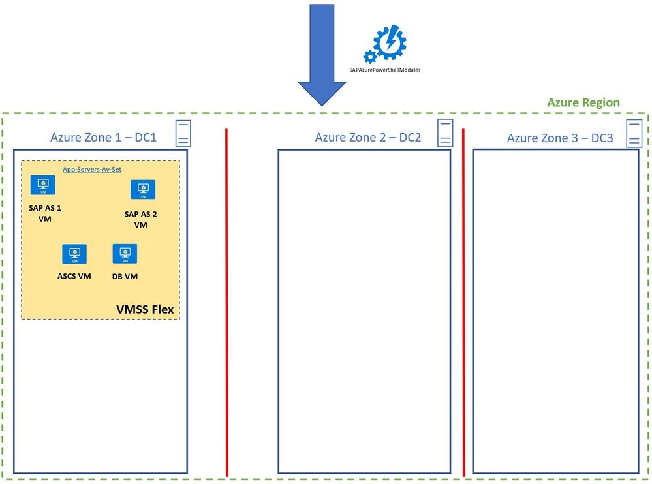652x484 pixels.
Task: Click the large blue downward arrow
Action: pos(322,52)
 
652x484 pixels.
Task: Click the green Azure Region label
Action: pos(583,103)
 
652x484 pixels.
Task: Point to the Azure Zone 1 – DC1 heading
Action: pos(104,138)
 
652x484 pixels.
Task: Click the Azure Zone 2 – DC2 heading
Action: pos(367,138)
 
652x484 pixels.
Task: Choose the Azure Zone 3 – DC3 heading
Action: pos(560,138)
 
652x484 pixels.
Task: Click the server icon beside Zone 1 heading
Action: pos(183,133)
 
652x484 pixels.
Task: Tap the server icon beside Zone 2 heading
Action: pos(445,132)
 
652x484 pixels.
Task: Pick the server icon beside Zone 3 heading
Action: pos(634,132)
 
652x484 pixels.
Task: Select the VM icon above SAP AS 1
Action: pos(43,185)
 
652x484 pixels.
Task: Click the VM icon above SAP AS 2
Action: pos(142,189)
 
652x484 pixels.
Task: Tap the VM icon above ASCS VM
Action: pos(74,254)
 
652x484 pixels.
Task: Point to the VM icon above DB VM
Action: pos(125,254)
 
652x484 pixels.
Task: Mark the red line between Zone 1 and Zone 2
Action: pos(226,300)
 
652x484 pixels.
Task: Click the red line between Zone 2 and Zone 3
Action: pos(463,300)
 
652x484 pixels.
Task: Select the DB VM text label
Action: pos(125,276)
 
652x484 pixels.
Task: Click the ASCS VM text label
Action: pos(74,276)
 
